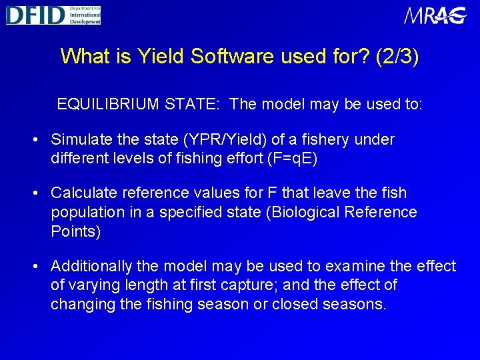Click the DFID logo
click(53, 15)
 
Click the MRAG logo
click(435, 15)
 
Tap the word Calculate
click(81, 193)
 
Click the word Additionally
click(91, 267)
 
